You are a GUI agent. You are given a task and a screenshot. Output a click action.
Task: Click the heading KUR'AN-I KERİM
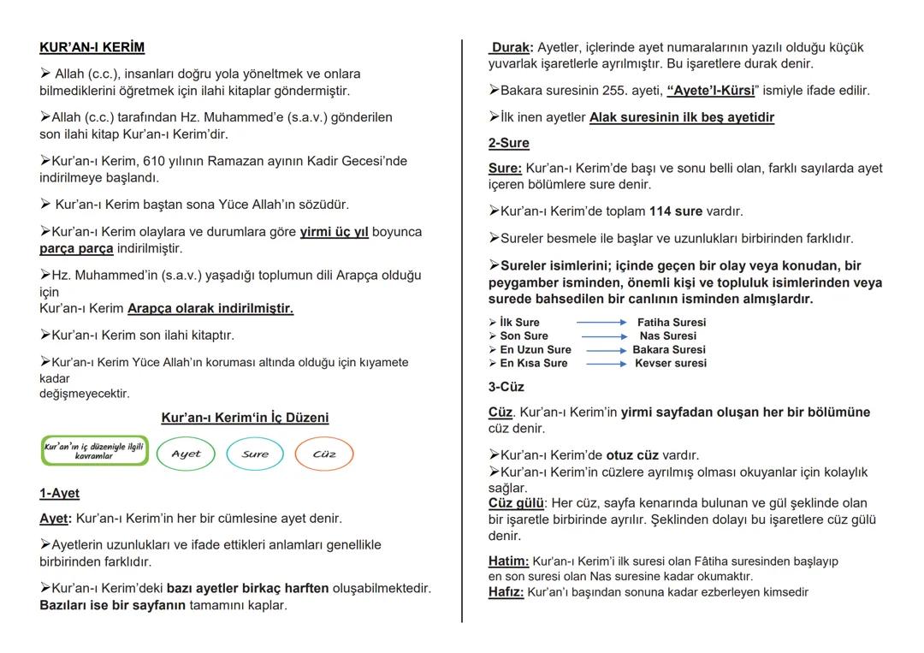(92, 47)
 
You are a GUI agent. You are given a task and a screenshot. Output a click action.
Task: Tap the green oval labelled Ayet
(186, 454)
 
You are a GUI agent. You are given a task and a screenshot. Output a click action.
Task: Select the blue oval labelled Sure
(255, 454)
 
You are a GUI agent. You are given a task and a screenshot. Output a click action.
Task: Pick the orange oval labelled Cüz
(324, 454)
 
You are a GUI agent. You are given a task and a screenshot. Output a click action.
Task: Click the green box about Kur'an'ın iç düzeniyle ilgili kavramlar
(95, 450)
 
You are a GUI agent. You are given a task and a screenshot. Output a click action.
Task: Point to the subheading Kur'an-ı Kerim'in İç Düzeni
(245, 418)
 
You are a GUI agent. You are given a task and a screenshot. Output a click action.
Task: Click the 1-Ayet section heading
(59, 493)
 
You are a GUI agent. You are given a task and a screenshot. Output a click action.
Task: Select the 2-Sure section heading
(509, 143)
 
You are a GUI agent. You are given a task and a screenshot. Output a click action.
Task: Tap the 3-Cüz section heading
(506, 387)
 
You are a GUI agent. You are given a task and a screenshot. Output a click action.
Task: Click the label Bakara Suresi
(669, 350)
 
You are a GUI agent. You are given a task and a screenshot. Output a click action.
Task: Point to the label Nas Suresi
(667, 336)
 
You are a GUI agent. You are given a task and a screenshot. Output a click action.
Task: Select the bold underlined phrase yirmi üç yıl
(334, 232)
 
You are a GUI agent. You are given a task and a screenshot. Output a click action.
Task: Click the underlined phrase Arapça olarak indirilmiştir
(210, 308)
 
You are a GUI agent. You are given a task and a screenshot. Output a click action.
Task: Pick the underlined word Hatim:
(508, 561)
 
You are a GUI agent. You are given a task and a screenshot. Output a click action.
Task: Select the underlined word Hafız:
(506, 591)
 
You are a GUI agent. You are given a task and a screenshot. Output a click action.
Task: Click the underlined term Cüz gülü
(517, 503)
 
